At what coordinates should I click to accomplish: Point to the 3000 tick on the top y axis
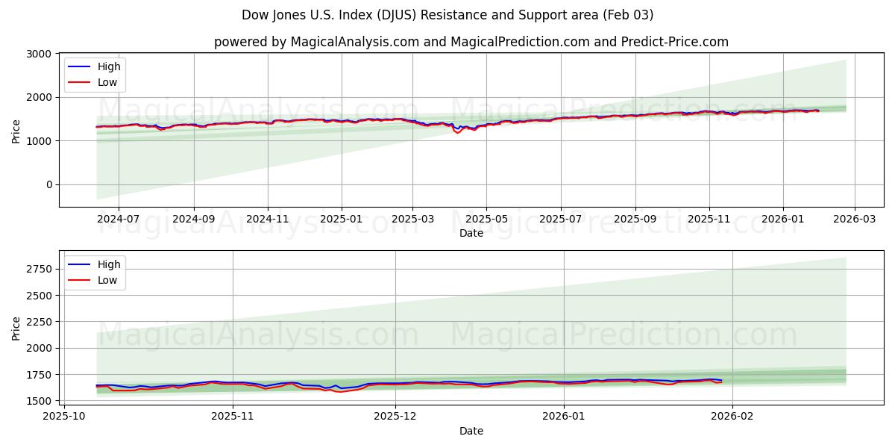pos(38,54)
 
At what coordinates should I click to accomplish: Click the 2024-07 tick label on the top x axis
pos(118,220)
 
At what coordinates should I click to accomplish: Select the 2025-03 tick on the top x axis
pos(412,220)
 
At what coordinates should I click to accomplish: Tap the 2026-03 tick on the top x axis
pos(854,220)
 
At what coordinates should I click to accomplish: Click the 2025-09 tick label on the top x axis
pos(635,220)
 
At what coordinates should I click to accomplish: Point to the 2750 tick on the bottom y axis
pos(39,269)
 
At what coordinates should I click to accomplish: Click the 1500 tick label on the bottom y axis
pos(39,401)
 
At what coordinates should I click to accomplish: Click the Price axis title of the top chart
pos(16,130)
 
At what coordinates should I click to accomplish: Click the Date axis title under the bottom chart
pos(471,431)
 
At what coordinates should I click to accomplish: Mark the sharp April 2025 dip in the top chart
pos(457,132)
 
